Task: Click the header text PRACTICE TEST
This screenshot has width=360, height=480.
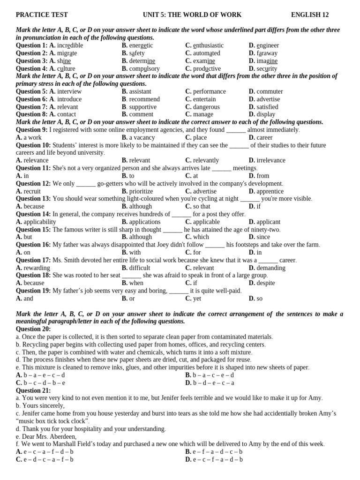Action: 42,15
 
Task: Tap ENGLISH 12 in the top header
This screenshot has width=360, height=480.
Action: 316,15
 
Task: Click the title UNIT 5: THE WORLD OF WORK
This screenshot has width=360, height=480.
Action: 192,15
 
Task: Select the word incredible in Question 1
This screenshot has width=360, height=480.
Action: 70,45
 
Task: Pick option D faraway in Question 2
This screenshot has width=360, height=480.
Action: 267,53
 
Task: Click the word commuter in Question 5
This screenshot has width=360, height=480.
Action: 270,91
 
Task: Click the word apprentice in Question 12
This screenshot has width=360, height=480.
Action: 270,191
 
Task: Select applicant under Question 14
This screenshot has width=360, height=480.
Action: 269,222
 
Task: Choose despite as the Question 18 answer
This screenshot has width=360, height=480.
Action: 266,283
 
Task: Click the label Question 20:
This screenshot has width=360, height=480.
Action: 33,329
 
